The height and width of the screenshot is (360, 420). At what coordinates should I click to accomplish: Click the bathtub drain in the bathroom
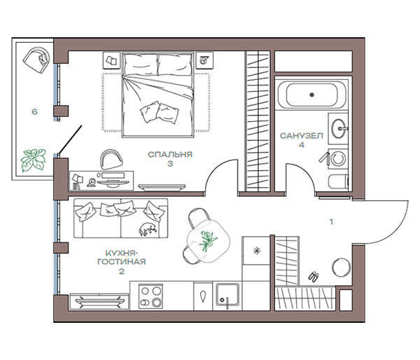click(311, 95)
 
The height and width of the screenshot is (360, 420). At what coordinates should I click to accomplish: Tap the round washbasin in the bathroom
click(339, 128)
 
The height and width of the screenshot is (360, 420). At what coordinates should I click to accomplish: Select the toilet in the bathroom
click(338, 183)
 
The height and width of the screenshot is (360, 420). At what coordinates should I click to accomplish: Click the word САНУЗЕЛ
click(301, 136)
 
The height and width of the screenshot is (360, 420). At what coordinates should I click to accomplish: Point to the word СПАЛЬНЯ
click(170, 154)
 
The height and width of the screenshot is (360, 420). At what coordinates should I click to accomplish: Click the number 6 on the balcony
click(34, 111)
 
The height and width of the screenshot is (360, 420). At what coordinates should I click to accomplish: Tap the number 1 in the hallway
click(331, 222)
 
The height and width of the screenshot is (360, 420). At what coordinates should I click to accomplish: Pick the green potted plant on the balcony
click(34, 160)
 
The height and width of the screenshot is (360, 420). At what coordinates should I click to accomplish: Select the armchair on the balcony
click(36, 60)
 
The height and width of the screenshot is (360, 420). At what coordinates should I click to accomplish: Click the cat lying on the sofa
click(147, 230)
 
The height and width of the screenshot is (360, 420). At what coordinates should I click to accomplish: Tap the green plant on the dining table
click(207, 240)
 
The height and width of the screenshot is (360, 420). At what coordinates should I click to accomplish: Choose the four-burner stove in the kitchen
click(150, 296)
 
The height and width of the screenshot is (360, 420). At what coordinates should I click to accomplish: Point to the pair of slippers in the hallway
click(314, 277)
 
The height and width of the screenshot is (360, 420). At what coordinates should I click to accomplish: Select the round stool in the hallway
click(342, 267)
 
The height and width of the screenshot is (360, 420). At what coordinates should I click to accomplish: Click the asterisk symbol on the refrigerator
click(257, 251)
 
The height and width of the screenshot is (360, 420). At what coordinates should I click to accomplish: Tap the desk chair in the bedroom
click(111, 159)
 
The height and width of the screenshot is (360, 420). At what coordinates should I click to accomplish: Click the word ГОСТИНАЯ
click(122, 262)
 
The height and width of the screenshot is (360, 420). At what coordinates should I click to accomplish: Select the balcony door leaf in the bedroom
click(70, 139)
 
